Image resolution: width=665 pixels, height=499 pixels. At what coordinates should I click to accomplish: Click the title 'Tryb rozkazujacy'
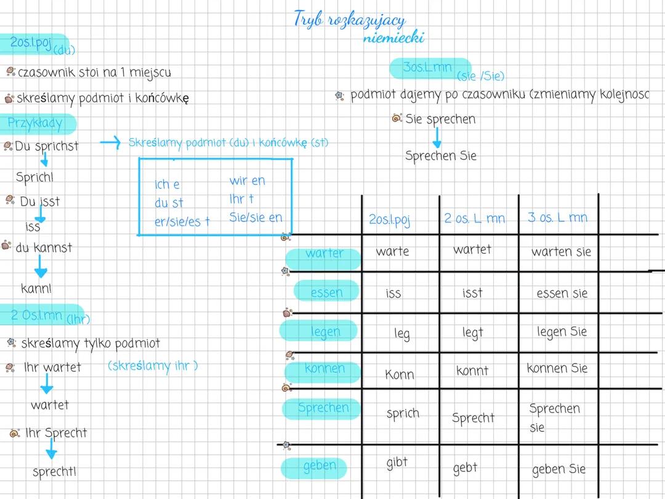(350, 20)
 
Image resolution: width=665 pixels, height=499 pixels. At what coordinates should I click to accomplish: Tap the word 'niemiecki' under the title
(393, 38)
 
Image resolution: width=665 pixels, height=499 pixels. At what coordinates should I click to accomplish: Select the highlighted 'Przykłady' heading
(36, 123)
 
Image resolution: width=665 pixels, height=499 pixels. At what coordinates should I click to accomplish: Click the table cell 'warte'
(392, 251)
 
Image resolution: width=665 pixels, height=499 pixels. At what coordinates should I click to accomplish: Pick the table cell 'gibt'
(397, 462)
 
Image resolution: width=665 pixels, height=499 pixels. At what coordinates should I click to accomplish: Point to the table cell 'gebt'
(465, 468)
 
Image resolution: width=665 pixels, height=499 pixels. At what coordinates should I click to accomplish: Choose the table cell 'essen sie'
(562, 293)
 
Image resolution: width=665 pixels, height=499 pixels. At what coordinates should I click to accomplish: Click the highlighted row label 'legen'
(325, 331)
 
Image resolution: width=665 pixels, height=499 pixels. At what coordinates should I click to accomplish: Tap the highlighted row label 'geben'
(319, 466)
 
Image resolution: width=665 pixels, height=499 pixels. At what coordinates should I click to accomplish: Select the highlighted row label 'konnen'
(324, 369)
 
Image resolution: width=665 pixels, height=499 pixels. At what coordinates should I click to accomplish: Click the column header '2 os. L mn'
(474, 218)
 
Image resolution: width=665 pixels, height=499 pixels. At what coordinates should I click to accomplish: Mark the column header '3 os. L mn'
(557, 217)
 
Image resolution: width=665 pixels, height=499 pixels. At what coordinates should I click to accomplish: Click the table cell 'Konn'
(400, 375)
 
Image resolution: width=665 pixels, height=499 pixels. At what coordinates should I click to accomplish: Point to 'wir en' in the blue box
(248, 181)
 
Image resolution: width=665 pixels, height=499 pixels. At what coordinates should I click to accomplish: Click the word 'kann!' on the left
(36, 288)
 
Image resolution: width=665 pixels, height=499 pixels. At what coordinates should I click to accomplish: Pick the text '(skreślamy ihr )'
(153, 365)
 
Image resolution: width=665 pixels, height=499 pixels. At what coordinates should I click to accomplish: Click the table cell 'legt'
(473, 333)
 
